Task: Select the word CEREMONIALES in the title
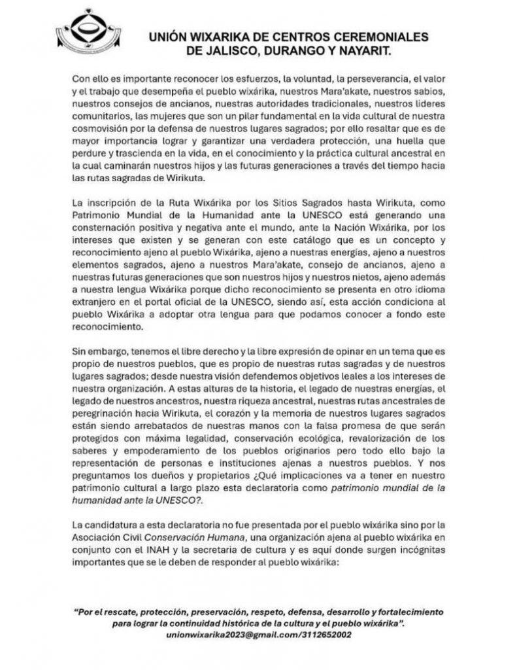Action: [x=378, y=35]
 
